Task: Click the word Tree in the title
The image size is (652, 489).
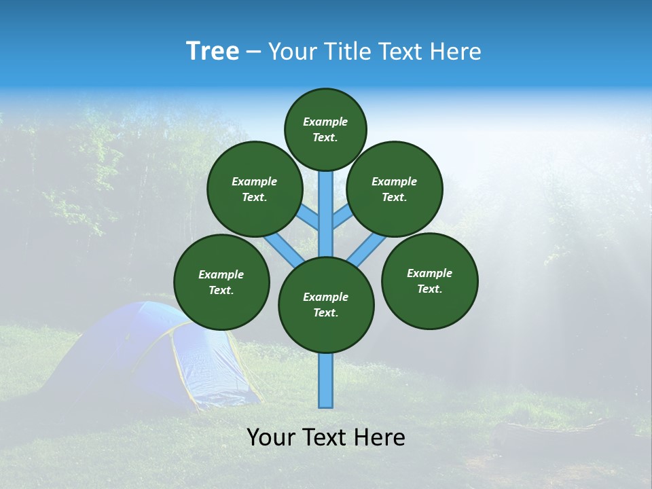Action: pos(213,52)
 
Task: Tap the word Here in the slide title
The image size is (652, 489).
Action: pos(456,52)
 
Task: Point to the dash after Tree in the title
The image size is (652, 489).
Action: pos(253,52)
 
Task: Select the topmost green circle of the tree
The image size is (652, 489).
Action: pos(325,129)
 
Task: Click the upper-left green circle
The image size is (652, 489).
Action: pos(255,189)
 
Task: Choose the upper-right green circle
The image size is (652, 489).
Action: pos(395,189)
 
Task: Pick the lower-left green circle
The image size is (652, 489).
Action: pos(221,282)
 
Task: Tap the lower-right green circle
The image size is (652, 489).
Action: pos(430,280)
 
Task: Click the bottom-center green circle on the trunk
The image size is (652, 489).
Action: pos(326,305)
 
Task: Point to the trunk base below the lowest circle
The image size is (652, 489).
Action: pos(326,380)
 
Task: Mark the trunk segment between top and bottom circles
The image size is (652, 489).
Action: pos(326,214)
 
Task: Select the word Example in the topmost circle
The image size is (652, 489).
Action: pos(325,122)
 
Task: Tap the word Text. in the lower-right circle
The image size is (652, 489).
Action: pos(429,289)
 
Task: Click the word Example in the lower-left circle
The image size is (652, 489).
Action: pos(221,275)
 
